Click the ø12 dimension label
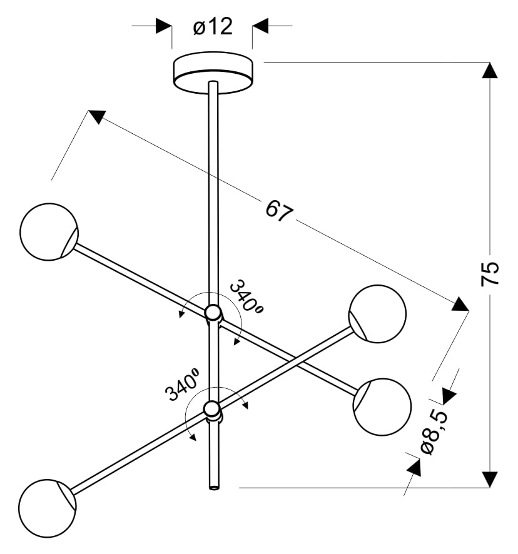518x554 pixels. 213,27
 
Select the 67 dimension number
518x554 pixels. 279,211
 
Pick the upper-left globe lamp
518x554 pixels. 49,231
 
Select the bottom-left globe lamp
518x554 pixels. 47,508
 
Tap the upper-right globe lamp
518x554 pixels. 377,313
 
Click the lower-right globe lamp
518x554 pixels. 382,406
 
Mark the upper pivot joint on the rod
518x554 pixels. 213,313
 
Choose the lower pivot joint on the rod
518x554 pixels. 213,410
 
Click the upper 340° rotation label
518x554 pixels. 245,296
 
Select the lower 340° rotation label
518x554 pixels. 182,385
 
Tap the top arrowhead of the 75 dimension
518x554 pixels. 490,69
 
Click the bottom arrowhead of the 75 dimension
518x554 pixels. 490,480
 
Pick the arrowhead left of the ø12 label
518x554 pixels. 164,26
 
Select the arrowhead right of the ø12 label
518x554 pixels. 260,26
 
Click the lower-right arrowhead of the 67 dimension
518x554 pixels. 460,305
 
